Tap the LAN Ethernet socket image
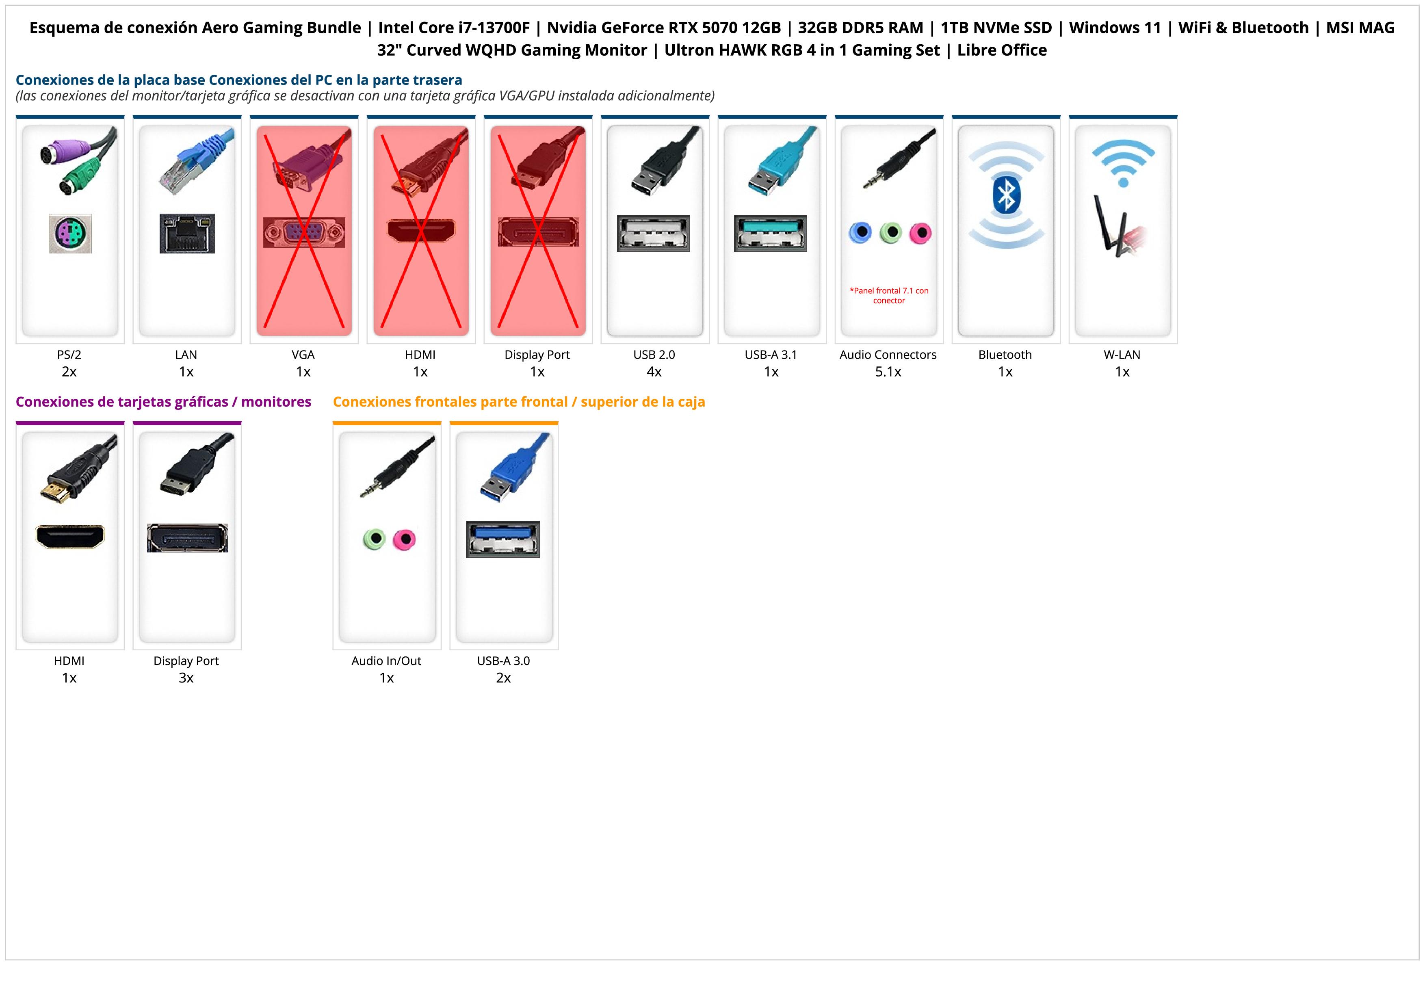pos(187,233)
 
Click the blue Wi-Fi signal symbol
pos(1123,162)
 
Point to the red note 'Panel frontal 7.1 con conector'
pos(889,295)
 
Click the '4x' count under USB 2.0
pos(654,372)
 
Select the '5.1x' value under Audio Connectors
pos(888,372)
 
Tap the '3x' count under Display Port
pos(186,678)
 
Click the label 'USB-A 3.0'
pos(503,661)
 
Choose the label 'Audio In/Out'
pos(386,661)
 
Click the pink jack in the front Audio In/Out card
pos(405,539)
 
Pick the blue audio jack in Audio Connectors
pos(860,233)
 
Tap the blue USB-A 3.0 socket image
pos(503,539)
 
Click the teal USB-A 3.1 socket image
pos(770,233)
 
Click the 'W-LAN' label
pos(1122,355)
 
